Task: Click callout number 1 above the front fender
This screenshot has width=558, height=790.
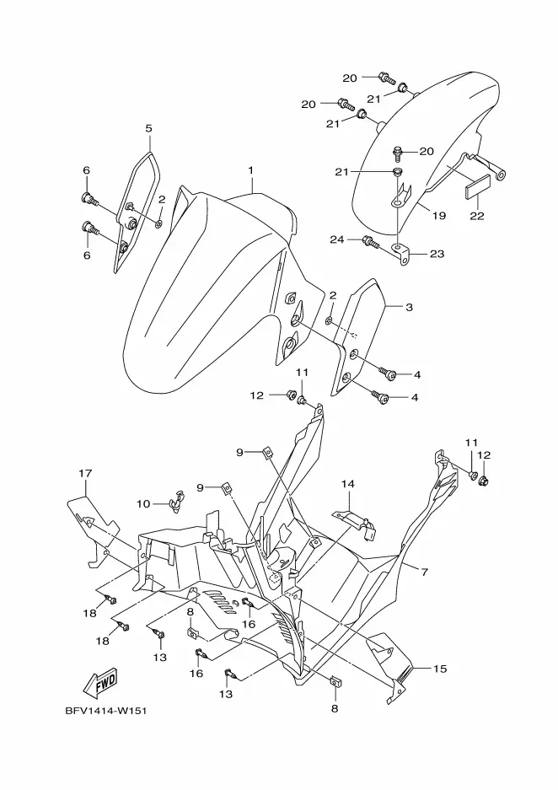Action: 250,170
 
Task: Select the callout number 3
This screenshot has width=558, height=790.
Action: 409,308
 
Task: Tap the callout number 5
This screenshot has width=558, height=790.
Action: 148,128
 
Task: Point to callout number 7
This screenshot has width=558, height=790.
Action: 424,572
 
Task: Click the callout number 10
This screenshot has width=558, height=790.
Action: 143,503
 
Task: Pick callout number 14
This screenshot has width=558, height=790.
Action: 348,484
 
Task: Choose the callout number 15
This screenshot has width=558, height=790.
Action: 439,669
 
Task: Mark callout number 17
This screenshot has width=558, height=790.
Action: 84,473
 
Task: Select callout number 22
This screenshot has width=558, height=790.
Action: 476,216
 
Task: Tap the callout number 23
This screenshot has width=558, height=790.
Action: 437,254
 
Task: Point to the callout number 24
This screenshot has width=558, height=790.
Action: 337,239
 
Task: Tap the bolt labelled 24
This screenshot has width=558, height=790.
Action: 368,242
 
